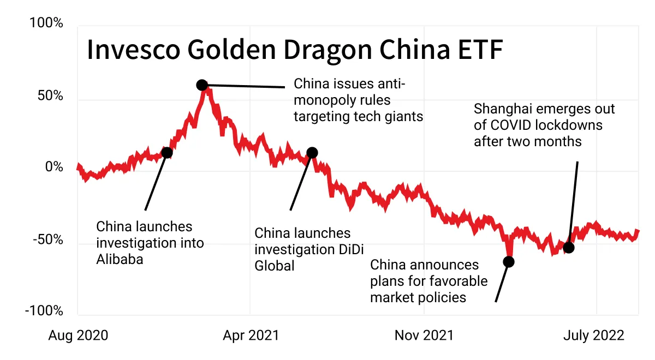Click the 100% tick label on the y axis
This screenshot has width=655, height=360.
pyautogui.click(x=46, y=23)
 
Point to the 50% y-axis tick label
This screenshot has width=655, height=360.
pyautogui.click(x=50, y=95)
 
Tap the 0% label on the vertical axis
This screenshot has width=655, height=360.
pyautogui.click(x=54, y=166)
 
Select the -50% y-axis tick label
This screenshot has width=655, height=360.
pyautogui.click(x=48, y=239)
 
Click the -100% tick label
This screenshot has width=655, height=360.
pyautogui.click(x=44, y=310)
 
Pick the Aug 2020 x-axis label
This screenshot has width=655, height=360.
pyautogui.click(x=78, y=335)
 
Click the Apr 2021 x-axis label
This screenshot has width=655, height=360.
pyautogui.click(x=251, y=335)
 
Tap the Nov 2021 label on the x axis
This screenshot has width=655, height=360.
pyautogui.click(x=424, y=335)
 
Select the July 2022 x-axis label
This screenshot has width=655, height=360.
pyautogui.click(x=594, y=335)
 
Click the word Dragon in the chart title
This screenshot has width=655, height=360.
pyautogui.click(x=328, y=50)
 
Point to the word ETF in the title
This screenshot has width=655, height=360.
pyautogui.click(x=480, y=50)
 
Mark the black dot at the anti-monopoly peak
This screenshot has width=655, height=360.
pyautogui.click(x=202, y=85)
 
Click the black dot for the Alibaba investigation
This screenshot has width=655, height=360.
pyautogui.click(x=167, y=153)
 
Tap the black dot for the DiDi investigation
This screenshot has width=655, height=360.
pyautogui.click(x=312, y=153)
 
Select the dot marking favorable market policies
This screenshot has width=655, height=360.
pyautogui.click(x=509, y=261)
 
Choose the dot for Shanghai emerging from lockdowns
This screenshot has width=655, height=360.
pyautogui.click(x=569, y=248)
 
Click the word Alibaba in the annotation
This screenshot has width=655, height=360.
pyautogui.click(x=120, y=259)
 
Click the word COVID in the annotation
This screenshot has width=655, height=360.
pyautogui.click(x=511, y=125)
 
